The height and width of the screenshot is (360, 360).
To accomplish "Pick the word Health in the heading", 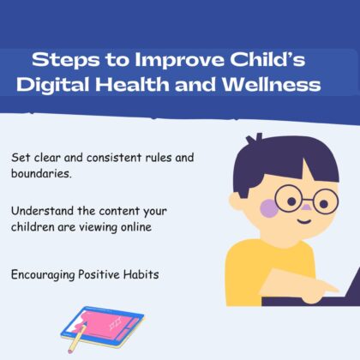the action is point(132,85).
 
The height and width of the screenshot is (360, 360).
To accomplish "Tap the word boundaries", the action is point(41,173).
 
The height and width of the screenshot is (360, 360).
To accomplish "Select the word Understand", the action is point(42,211).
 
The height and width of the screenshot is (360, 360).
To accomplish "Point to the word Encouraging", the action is point(43,275).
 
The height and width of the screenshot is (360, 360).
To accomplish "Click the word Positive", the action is point(99,274).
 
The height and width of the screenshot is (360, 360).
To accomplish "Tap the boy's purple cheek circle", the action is point(269,208).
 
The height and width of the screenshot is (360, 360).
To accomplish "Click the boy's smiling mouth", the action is point(304,221).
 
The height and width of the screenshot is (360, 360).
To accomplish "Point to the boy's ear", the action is point(236,201).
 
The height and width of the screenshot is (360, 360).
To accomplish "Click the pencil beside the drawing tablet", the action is point(77,338).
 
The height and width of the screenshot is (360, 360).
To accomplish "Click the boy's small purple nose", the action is point(306,207).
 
